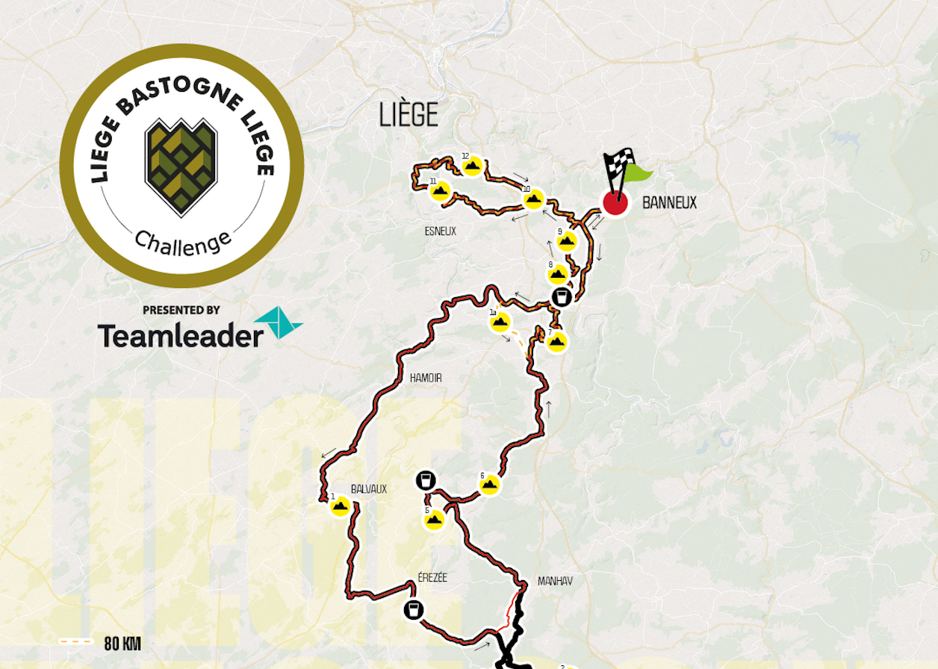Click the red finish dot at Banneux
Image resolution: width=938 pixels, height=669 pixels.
(615, 202)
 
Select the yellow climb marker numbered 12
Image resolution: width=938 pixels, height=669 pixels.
(471, 167)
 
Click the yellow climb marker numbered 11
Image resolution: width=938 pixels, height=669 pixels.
(440, 191)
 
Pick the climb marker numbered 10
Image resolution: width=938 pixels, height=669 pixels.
(534, 199)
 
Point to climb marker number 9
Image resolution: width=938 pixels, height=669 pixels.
(567, 241)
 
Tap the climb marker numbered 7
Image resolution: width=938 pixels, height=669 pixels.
(556, 342)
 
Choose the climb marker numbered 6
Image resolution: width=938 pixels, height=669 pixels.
(489, 485)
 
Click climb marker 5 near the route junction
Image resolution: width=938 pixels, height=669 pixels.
(435, 520)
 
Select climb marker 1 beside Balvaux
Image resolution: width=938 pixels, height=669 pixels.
(341, 506)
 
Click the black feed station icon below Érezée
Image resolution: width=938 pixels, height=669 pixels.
(413, 610)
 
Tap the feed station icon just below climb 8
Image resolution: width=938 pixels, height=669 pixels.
(562, 297)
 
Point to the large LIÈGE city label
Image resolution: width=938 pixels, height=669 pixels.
(409, 115)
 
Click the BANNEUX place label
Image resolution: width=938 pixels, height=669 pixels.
(669, 203)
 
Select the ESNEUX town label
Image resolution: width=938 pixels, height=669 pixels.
(440, 231)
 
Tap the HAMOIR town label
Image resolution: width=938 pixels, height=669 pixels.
(426, 379)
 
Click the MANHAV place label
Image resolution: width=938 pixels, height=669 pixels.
(555, 581)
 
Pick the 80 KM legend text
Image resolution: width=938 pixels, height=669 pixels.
(122, 644)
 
